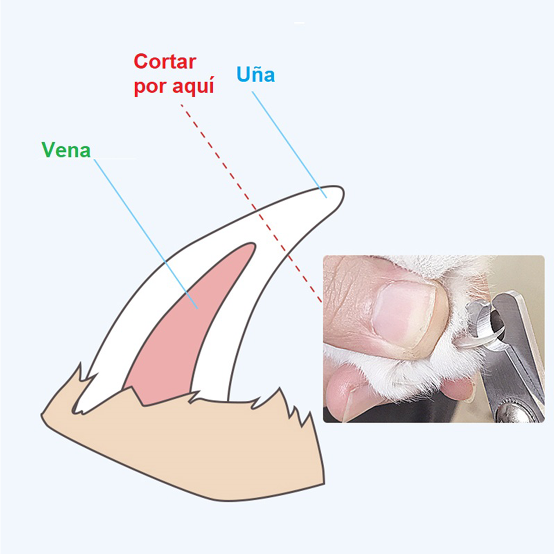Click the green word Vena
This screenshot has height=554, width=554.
66,150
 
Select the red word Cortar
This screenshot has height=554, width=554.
165,61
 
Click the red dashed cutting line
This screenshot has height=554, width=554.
251,204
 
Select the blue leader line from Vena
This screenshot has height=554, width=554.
146,234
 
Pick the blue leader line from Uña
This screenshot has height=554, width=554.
289,145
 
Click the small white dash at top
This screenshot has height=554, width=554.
299,23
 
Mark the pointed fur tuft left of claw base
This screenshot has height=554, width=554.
79,371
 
